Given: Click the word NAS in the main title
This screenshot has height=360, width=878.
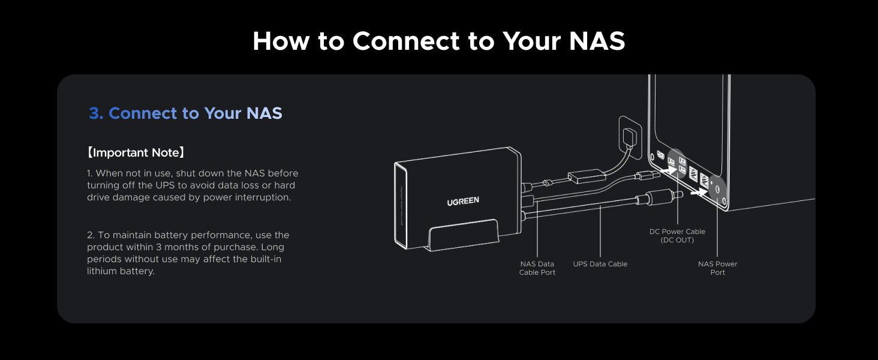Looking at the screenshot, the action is click(x=597, y=41).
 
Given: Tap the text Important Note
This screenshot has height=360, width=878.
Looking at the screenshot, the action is click(x=136, y=152).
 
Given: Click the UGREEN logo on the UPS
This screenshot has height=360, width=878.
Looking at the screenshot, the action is click(x=463, y=201).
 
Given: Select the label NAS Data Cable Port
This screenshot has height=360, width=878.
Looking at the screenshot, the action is click(x=537, y=268).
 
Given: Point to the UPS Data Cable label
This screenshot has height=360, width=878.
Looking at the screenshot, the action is click(x=600, y=264).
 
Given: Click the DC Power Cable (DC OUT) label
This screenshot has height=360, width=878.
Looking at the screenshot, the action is click(x=677, y=236).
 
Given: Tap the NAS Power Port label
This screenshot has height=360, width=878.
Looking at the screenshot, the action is click(x=718, y=268).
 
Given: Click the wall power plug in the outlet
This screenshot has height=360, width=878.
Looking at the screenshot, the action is click(x=630, y=137).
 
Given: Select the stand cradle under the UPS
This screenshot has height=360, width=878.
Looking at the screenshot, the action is click(x=464, y=235).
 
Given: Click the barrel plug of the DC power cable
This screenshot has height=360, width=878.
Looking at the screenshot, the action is click(x=663, y=196).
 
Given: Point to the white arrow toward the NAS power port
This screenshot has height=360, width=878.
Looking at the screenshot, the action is click(x=699, y=192).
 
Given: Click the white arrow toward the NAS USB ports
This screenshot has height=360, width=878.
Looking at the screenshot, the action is click(x=668, y=170).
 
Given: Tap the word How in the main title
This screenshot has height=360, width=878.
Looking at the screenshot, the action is click(x=281, y=41).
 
